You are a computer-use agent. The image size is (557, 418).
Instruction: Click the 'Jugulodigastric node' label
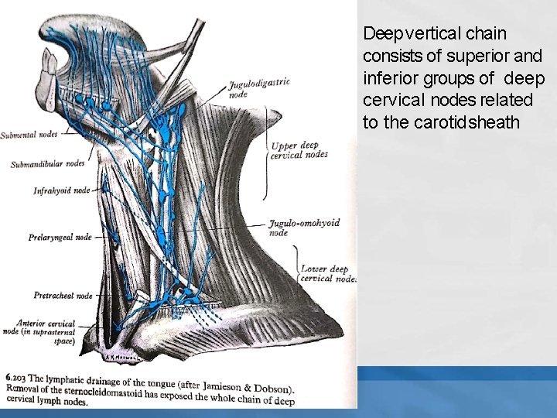(258, 87)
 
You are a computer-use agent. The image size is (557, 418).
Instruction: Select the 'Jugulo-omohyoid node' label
(303, 227)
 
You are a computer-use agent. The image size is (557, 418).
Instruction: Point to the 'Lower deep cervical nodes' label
(327, 273)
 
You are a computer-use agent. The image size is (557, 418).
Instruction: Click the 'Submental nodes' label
(29, 134)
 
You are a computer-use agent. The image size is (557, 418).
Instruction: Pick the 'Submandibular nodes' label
(47, 164)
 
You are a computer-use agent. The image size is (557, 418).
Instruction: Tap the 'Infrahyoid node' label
(61, 190)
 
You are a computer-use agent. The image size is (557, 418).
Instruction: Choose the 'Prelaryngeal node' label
(60, 237)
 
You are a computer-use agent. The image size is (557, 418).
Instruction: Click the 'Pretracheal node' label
(63, 295)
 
